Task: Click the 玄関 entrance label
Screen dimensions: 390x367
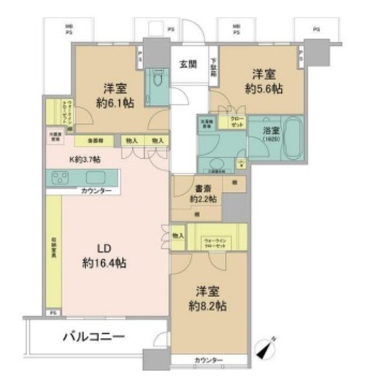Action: pyautogui.click(x=188, y=65)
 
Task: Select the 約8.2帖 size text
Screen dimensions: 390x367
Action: pyautogui.click(x=207, y=306)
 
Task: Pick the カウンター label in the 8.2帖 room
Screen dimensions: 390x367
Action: pyautogui.click(x=208, y=361)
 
